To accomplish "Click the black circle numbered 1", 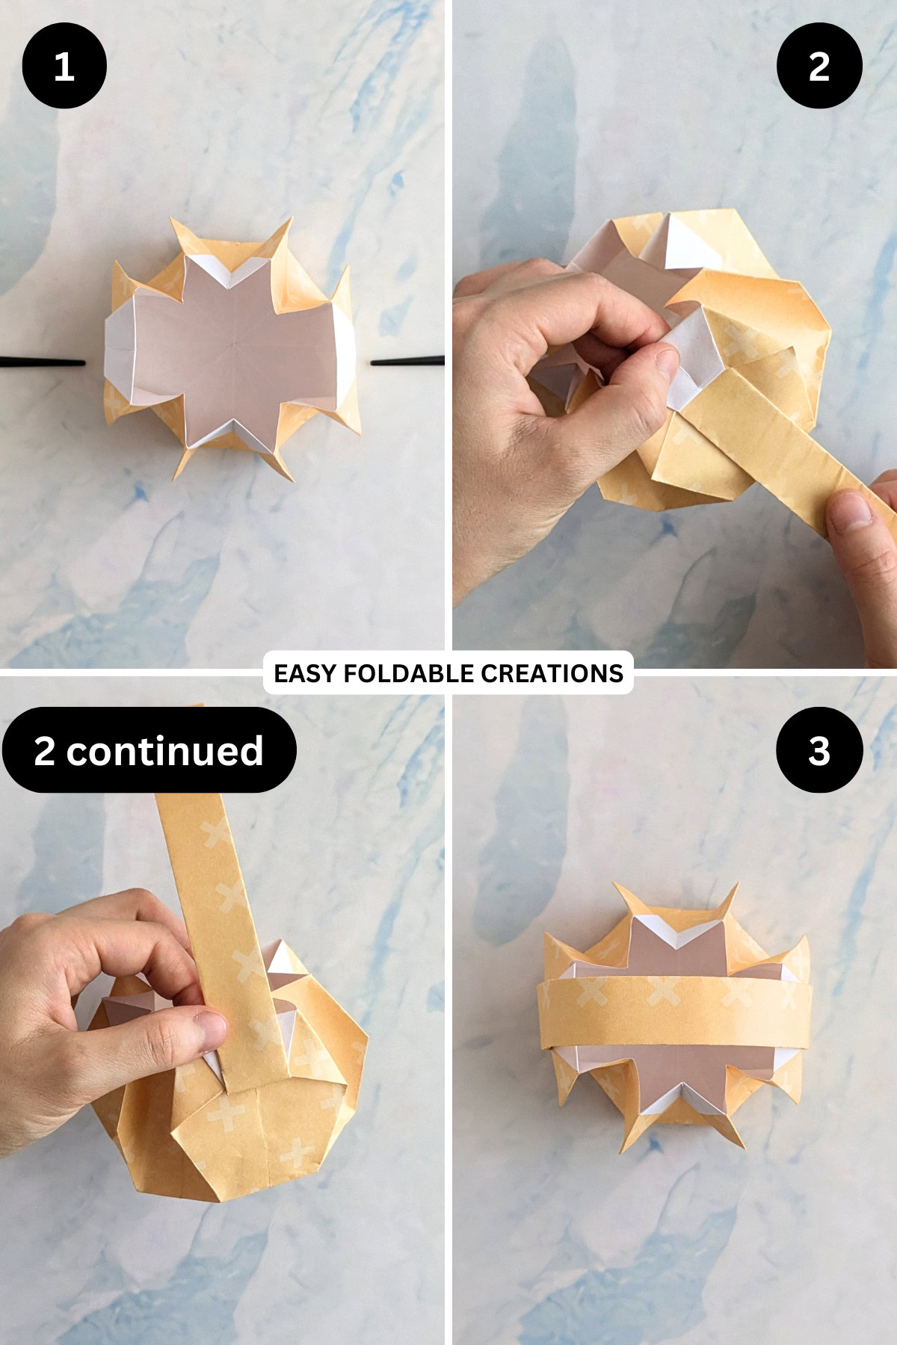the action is click(x=64, y=66).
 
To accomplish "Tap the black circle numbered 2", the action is click(x=819, y=66).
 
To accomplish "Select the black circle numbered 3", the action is click(x=819, y=750).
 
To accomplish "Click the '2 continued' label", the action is click(x=149, y=750).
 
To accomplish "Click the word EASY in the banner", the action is click(x=306, y=673).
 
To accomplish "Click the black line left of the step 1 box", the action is click(x=43, y=363).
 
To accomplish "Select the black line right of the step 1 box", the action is click(x=408, y=362).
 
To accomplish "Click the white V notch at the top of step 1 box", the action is click(x=234, y=273).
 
